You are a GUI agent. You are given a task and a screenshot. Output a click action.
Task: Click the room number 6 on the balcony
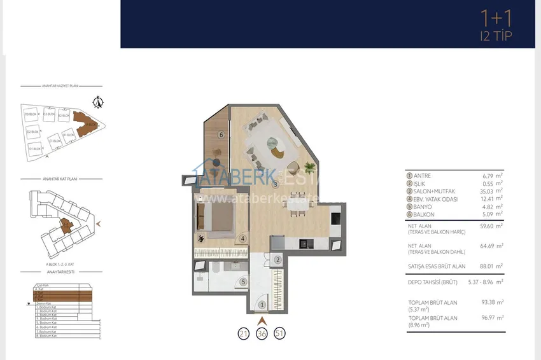[221, 134]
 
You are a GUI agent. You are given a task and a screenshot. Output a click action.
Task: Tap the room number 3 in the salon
[275, 184]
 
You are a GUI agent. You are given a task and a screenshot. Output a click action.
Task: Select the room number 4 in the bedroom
[242, 239]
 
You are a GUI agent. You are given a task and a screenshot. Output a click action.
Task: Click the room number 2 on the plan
[278, 260]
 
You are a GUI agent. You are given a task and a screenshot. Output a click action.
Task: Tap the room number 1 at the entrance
[262, 305]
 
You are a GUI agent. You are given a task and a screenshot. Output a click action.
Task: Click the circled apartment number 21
[243, 334]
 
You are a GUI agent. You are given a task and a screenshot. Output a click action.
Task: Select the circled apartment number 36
[262, 334]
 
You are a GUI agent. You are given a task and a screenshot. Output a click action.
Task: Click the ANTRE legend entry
[422, 176]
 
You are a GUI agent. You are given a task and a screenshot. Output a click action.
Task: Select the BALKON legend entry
[423, 214]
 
